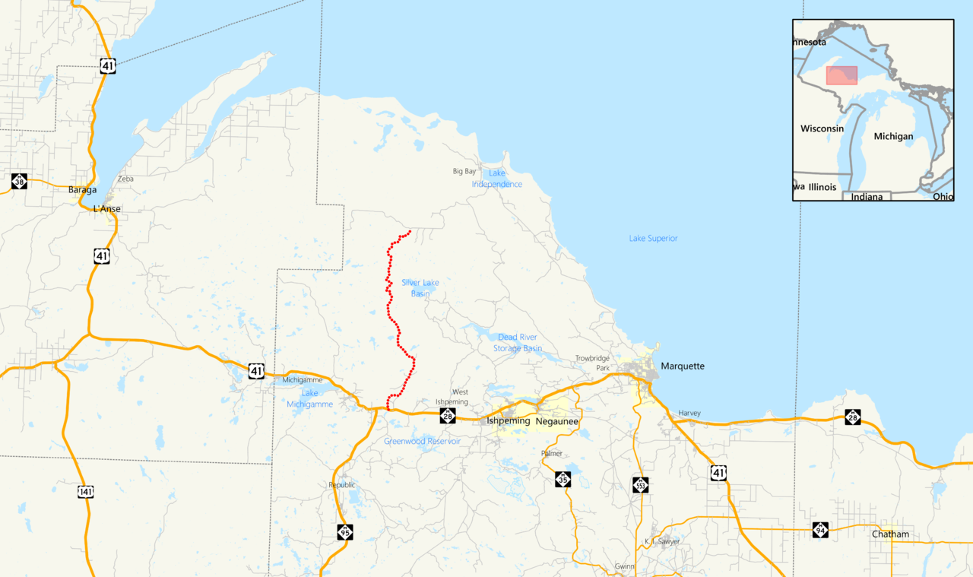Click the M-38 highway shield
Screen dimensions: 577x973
[19, 181]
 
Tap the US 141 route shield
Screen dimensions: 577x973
[85, 492]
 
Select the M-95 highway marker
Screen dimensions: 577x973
[345, 531]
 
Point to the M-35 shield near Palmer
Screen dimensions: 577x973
[563, 479]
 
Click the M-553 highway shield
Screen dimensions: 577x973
[641, 484]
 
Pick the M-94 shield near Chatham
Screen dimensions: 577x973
[820, 530]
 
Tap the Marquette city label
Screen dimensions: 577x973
[682, 366]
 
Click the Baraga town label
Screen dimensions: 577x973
[83, 190]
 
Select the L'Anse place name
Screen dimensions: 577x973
[106, 209]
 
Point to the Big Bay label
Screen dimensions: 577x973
[464, 172]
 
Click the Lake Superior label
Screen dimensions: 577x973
[653, 239]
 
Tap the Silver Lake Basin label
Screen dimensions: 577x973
[420, 288]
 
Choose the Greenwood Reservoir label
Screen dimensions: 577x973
[422, 442]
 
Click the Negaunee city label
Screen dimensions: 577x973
[556, 421]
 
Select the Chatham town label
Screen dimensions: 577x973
[890, 534]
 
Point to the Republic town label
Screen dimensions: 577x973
[341, 485]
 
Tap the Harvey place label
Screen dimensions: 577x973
[689, 414]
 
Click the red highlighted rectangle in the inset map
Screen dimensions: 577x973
[841, 75]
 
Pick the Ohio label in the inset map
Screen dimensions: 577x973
[943, 196]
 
